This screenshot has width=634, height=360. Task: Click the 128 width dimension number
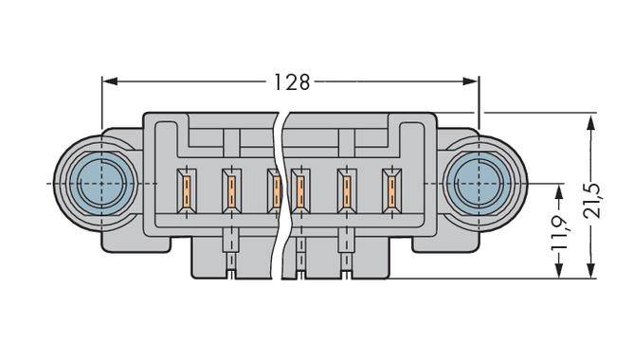(292, 82)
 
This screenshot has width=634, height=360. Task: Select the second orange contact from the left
(230, 190)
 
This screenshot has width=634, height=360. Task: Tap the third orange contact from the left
(273, 190)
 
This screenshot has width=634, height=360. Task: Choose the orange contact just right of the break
(299, 190)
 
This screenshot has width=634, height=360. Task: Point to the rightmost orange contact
(389, 190)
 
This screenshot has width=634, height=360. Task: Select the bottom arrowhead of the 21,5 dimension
(591, 272)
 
